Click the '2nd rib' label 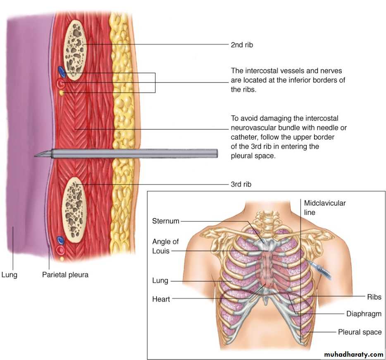tap(241, 45)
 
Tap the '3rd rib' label tap(241, 184)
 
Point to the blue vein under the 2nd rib tap(62, 72)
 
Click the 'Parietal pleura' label tap(65, 274)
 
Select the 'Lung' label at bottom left tap(9, 274)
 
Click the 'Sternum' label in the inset tap(166, 221)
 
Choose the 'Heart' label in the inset tap(161, 299)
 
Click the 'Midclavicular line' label tap(324, 207)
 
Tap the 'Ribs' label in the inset tap(374, 297)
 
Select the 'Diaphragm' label tap(364, 314)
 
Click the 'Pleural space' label tap(360, 332)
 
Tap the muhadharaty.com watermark tap(353, 355)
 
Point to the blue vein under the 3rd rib tap(60, 240)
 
